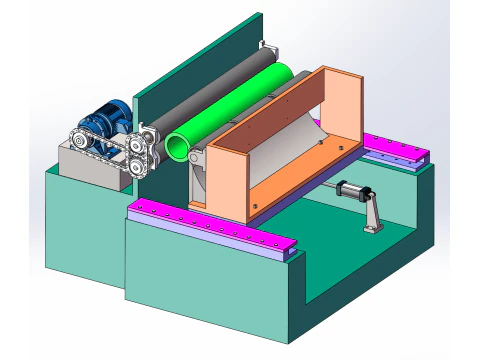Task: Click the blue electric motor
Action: pyautogui.click(x=104, y=121)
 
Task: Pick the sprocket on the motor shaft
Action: pyautogui.click(x=79, y=141)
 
